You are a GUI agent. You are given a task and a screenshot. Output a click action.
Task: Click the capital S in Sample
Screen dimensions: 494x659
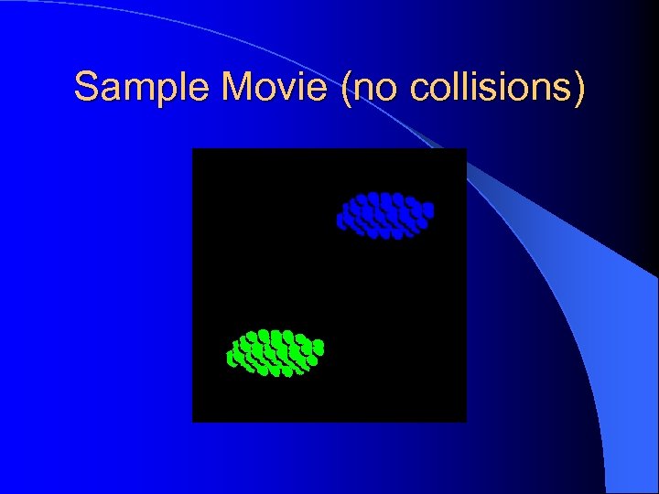tap(86, 87)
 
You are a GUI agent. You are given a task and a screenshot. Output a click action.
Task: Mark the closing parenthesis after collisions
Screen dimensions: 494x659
tap(578, 89)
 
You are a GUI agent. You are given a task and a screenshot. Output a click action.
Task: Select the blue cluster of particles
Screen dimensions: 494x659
tap(385, 216)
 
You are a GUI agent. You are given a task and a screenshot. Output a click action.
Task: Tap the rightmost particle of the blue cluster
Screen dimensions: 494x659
tap(427, 209)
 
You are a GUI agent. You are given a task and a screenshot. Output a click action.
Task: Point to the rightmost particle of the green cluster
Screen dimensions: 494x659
tap(319, 347)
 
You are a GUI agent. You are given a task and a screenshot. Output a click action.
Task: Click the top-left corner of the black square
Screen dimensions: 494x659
tap(193, 149)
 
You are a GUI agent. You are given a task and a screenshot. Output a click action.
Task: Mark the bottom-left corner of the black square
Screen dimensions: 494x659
tap(193, 421)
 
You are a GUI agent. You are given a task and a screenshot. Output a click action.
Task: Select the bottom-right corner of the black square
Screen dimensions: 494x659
tap(465, 421)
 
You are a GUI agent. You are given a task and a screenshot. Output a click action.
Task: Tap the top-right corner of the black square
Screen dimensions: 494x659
tap(465, 149)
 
